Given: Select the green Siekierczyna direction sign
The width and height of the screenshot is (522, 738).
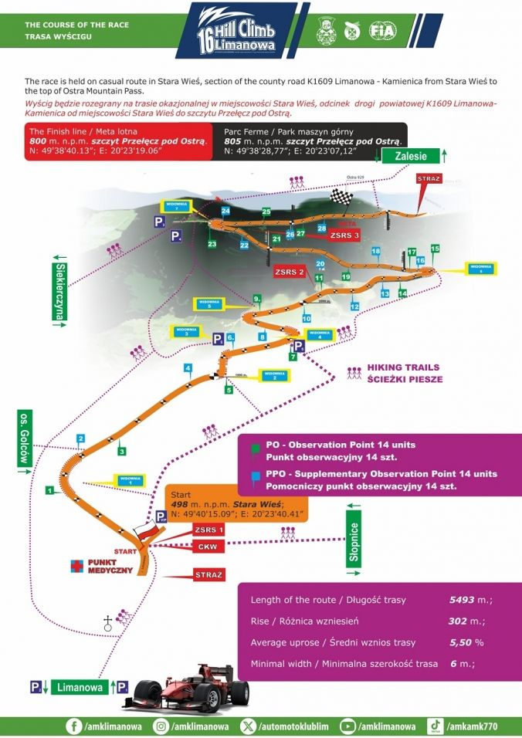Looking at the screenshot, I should (x=60, y=292).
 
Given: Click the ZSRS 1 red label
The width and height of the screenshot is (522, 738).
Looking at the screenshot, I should (x=209, y=530).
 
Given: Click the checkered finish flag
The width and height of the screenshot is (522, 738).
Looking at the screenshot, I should (x=341, y=197).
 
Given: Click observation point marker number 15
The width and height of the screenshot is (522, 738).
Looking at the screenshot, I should (x=435, y=249).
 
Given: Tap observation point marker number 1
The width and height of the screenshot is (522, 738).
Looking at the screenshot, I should (x=49, y=489).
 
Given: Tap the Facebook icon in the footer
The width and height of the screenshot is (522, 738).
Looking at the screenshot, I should (x=75, y=726).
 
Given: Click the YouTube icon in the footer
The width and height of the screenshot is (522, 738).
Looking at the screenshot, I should (x=347, y=726).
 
